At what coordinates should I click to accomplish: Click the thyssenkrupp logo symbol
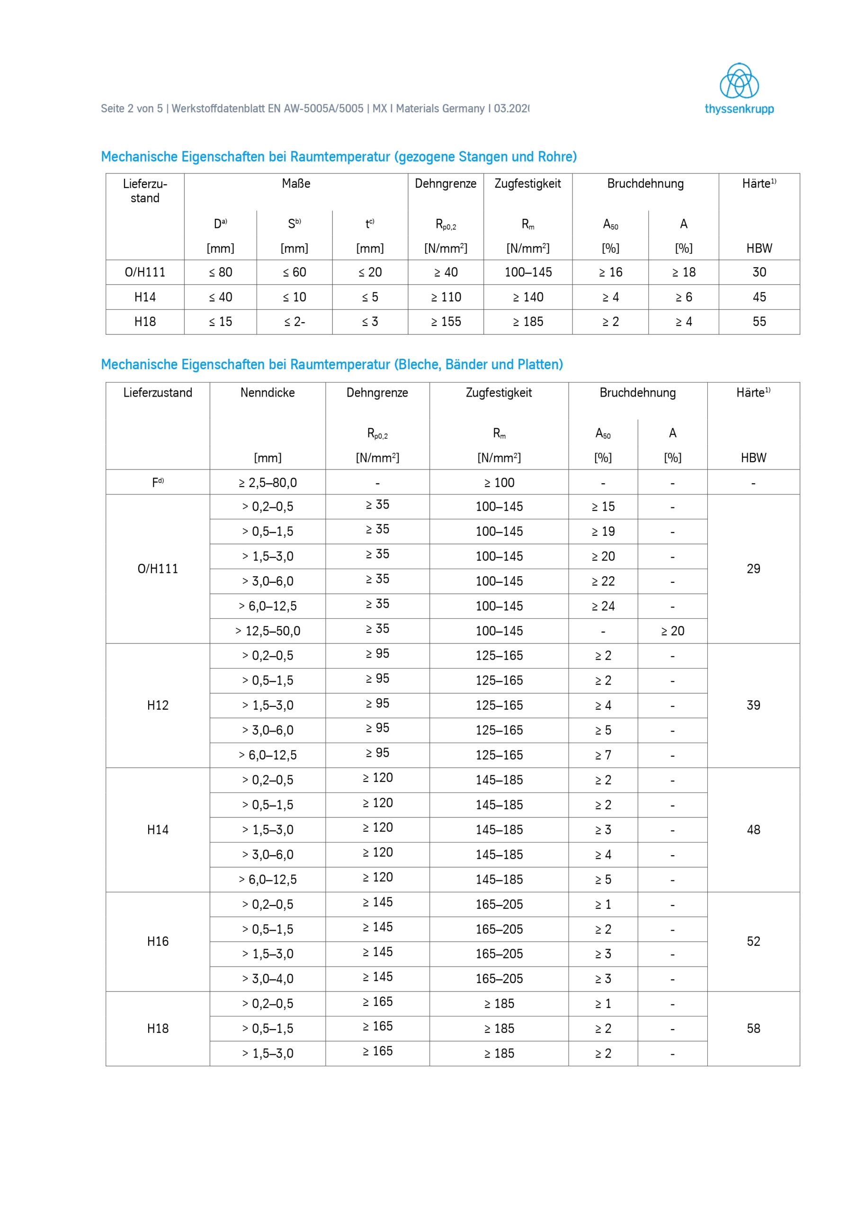point(739,81)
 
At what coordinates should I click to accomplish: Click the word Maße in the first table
point(296,183)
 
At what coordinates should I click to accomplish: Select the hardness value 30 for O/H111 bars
point(759,272)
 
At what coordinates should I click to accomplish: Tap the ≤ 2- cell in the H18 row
point(294,322)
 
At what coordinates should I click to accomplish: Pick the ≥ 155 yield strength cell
point(446,322)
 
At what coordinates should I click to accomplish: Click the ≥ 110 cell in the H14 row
point(446,297)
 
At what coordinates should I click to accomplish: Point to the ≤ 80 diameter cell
point(220,272)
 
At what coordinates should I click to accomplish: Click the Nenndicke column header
point(267,392)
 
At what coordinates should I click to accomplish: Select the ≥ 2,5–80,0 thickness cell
point(267,482)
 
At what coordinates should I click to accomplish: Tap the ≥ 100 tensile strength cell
point(499,482)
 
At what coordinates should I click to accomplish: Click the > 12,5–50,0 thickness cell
point(267,631)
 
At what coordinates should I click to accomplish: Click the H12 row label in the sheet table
point(157,706)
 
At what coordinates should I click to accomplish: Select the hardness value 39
point(753,706)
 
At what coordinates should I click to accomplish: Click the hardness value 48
point(753,830)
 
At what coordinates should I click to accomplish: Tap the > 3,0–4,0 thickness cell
point(267,978)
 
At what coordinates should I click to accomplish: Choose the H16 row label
point(157,941)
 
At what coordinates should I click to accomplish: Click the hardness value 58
point(753,1028)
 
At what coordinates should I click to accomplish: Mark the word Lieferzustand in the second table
point(157,392)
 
